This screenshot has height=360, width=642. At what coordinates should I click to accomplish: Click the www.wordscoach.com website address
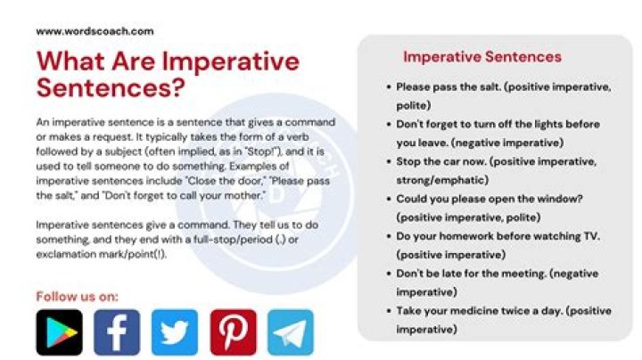coord(95,30)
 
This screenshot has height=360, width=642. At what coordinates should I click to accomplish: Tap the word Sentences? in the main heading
coord(111,88)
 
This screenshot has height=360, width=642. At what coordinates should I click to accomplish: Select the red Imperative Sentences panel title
coord(481,57)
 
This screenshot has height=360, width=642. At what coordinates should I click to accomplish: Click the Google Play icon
coord(59,331)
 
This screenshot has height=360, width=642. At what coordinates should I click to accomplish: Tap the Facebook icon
coord(117,331)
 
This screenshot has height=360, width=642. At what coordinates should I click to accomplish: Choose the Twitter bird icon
coord(175,331)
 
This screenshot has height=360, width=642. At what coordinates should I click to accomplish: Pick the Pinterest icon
coord(233,331)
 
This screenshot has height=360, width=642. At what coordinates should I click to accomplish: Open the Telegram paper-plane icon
coord(291,331)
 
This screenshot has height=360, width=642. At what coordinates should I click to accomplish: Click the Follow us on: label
coord(77,296)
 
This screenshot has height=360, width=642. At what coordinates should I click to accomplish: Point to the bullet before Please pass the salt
coord(388,87)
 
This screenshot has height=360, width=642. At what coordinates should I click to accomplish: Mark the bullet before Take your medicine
coord(388,311)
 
